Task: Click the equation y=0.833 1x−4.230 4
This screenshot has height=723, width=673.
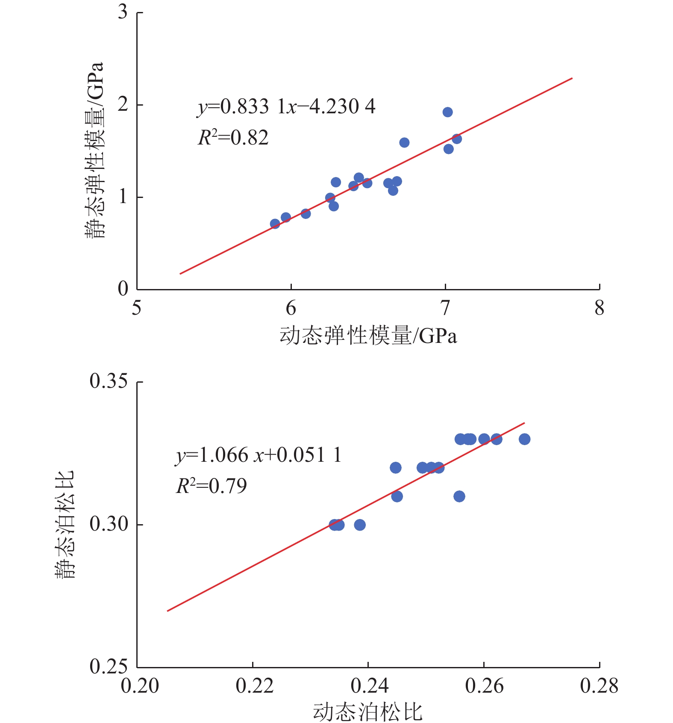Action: click(286, 106)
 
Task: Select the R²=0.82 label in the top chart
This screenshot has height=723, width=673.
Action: click(233, 138)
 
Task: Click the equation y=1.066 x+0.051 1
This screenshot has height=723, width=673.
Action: click(259, 455)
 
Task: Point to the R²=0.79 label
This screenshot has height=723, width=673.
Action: click(212, 486)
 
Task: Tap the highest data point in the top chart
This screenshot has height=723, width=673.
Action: click(447, 112)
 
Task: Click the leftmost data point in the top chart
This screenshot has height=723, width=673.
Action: click(275, 224)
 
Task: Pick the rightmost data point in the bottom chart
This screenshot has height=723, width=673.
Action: click(524, 439)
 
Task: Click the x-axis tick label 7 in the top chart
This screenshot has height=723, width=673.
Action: click(445, 308)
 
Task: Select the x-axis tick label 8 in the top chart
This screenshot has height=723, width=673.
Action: click(599, 308)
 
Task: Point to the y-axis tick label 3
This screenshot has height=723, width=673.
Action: click(123, 12)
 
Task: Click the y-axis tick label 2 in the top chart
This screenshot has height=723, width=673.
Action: click(123, 104)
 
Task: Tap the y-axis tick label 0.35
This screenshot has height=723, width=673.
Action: click(109, 381)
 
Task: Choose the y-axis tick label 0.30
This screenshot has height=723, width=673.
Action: click(109, 524)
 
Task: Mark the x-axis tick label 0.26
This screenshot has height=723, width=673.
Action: click(484, 685)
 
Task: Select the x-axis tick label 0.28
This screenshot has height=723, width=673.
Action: click(599, 685)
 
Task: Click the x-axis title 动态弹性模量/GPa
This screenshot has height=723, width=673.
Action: click(368, 336)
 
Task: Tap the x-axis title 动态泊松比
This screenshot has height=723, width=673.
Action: click(368, 712)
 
